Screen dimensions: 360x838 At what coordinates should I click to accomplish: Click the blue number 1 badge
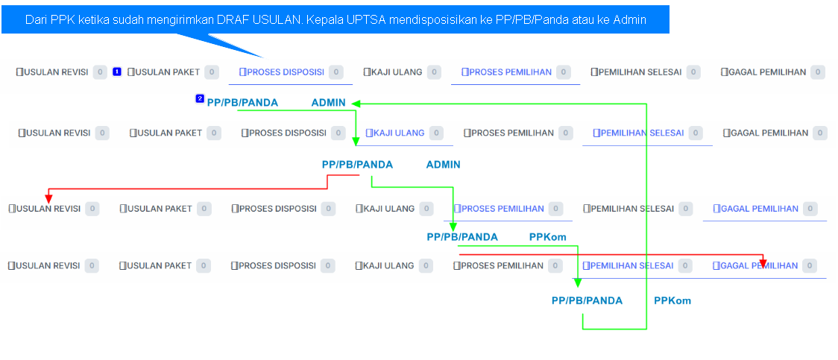pyautogui.click(x=116, y=72)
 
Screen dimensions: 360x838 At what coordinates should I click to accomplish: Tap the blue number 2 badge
pyautogui.click(x=199, y=98)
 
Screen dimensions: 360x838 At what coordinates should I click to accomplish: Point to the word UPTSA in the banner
pyautogui.click(x=366, y=20)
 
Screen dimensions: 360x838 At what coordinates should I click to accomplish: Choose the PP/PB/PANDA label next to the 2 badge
pyautogui.click(x=242, y=103)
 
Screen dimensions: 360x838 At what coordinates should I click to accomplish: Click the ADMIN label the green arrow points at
pyautogui.click(x=328, y=103)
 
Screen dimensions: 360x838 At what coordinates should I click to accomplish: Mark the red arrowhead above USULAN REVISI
pyautogui.click(x=48, y=198)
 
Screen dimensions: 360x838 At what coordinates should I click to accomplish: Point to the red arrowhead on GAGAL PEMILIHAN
pyautogui.click(x=763, y=262)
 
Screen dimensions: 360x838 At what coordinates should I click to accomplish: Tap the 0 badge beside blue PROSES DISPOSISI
pyautogui.click(x=335, y=72)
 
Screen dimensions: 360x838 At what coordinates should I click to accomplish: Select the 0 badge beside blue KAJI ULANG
pyautogui.click(x=436, y=133)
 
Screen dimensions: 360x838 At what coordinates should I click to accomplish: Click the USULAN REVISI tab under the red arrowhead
pyautogui.click(x=48, y=209)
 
